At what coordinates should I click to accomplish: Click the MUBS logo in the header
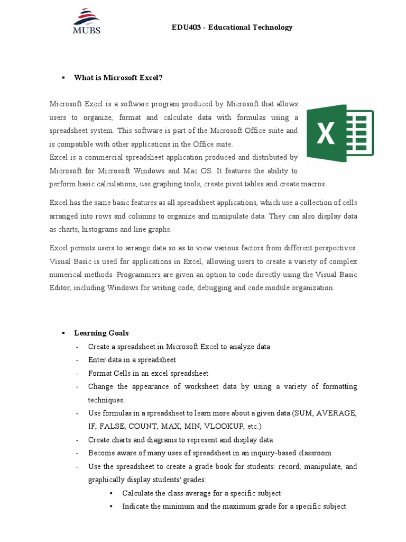(86, 21)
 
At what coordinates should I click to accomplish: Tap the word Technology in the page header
(271, 28)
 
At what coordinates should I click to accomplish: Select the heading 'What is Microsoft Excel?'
(118, 78)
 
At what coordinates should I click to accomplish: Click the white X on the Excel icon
(326, 132)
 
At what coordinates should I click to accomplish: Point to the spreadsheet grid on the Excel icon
(361, 132)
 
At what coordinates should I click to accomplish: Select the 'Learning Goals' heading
(101, 333)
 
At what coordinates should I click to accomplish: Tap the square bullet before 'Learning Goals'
(62, 333)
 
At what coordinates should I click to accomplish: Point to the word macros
(314, 184)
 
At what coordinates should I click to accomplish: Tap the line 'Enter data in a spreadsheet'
(132, 360)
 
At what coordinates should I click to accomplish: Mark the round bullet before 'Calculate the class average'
(112, 493)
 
